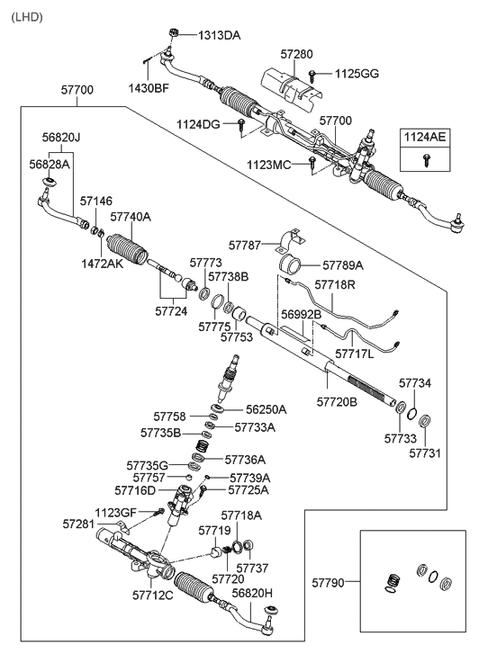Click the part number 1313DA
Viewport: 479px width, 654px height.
pos(220,35)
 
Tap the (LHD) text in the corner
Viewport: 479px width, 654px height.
pos(27,17)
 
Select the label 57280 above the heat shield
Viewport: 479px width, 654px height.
pos(296,54)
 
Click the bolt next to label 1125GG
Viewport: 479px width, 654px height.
pos(312,75)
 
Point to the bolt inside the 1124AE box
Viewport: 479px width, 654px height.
pos(426,160)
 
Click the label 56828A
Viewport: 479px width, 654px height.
pos(50,165)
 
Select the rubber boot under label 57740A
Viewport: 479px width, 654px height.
pos(127,251)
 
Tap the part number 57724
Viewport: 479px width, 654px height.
pos(171,311)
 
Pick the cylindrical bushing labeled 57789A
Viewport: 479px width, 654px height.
pos(290,264)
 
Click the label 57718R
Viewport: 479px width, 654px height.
pos(335,285)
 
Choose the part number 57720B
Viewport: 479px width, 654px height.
pos(337,402)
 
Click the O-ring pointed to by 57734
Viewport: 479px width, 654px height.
pos(411,414)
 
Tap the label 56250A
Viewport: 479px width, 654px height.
pos(266,409)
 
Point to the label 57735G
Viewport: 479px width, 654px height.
pos(148,465)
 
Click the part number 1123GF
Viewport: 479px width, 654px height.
pos(115,512)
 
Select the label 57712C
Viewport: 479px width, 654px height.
pos(153,596)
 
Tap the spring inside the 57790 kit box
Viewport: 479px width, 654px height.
pos(392,581)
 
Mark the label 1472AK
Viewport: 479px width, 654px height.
pos(103,264)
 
